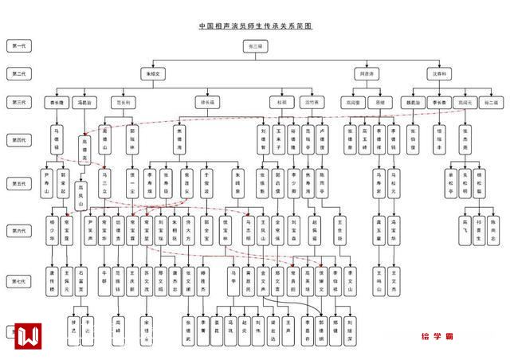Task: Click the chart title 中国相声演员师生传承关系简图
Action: [255, 26]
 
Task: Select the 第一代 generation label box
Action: [18, 46]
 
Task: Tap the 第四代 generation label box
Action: [18, 139]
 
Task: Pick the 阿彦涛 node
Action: [365, 73]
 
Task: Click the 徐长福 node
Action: [206, 102]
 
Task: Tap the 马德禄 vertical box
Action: [57, 139]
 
